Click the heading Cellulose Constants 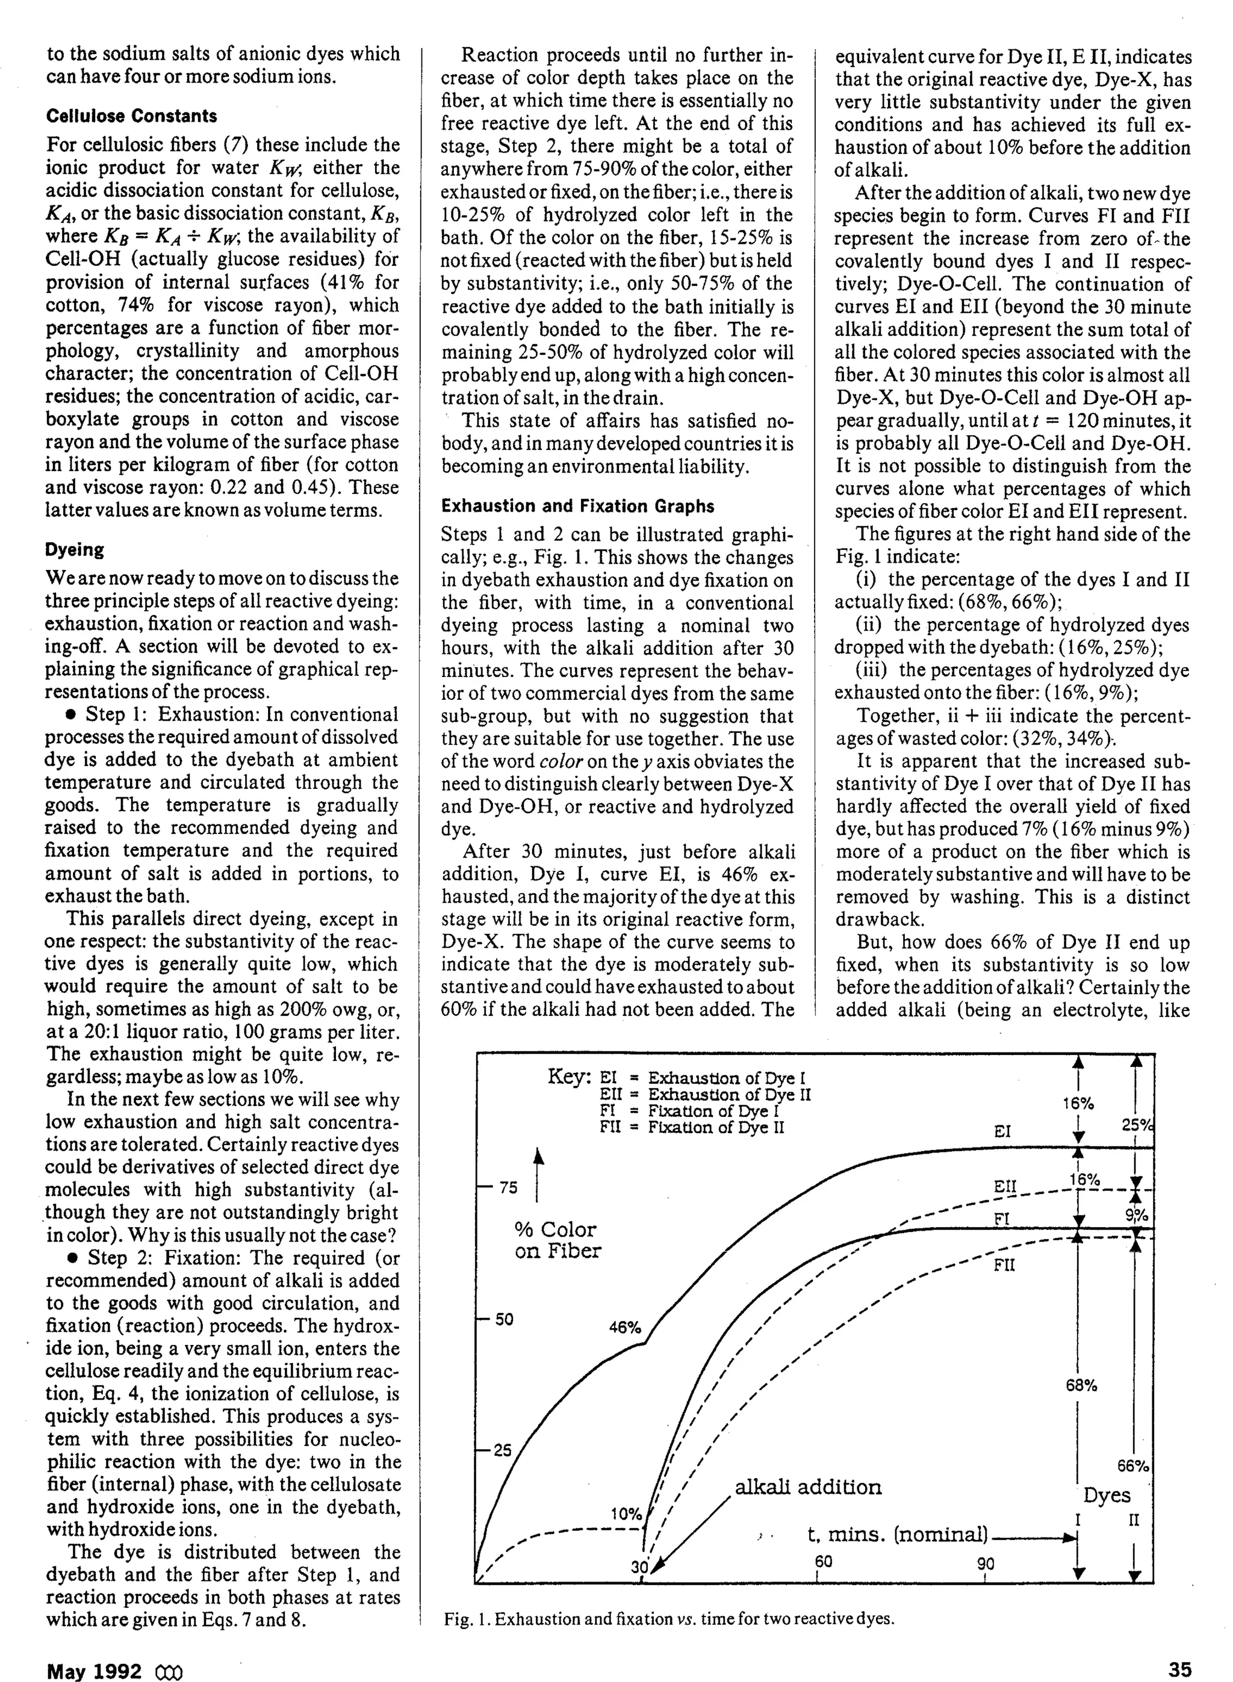pos(131,116)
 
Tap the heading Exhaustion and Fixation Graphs pos(578,507)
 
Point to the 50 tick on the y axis pos(505,1320)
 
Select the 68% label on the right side pos(1081,1386)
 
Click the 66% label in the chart pos(1133,1466)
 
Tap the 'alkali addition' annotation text pos(809,1487)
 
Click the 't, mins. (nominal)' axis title pos(898,1535)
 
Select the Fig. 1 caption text pos(669,1619)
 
